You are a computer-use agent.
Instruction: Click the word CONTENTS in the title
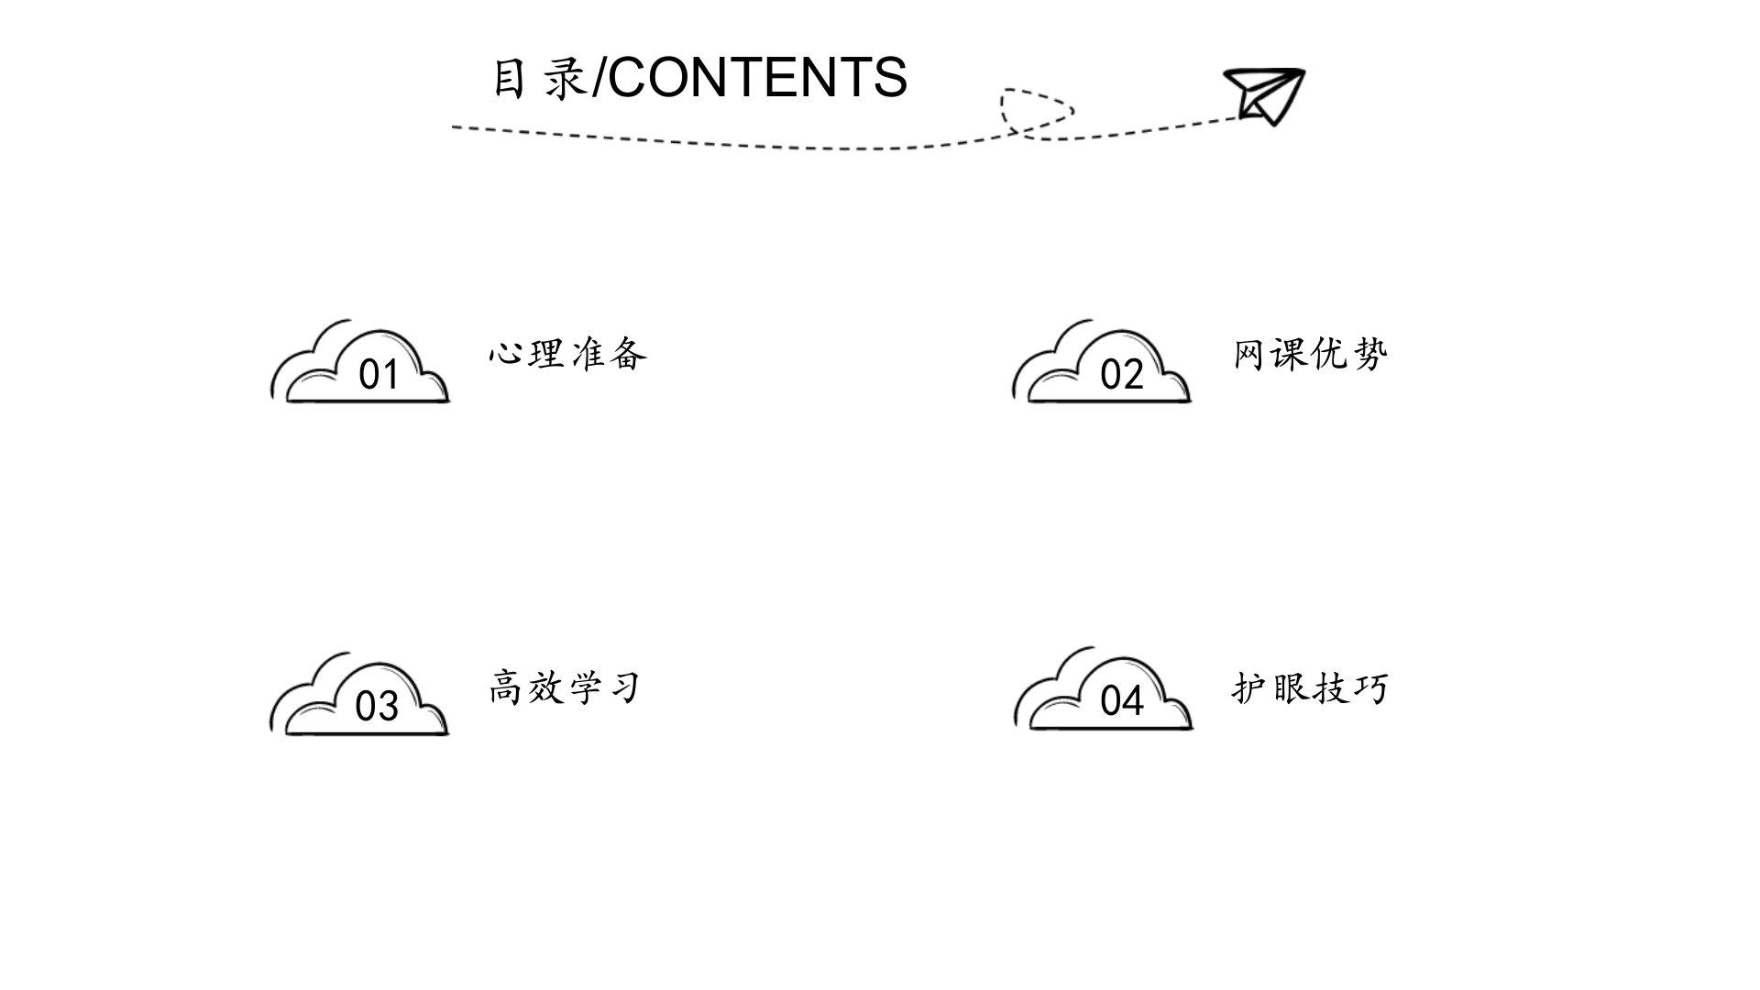[x=757, y=77]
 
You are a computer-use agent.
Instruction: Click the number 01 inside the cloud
[x=379, y=375]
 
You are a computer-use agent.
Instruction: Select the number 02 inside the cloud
[x=1122, y=375]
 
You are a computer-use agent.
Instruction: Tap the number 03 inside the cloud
[x=377, y=707]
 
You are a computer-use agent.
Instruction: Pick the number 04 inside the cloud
[x=1122, y=701]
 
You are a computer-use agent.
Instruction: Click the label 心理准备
[x=568, y=353]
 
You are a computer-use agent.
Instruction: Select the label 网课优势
[x=1311, y=353]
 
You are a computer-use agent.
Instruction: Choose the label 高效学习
[x=565, y=687]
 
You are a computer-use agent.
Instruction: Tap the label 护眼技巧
[x=1311, y=687]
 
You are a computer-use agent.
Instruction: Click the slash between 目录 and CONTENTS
[x=599, y=77]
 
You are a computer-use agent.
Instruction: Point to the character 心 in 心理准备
[x=506, y=353]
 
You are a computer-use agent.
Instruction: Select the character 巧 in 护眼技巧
[x=1372, y=687]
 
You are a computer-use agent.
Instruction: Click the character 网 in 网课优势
[x=1250, y=353]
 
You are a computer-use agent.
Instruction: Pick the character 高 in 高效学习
[x=506, y=687]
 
